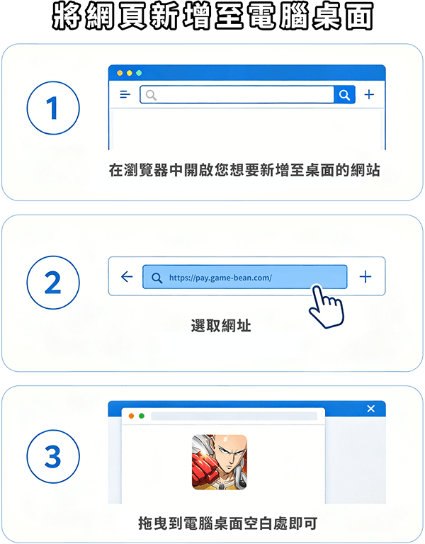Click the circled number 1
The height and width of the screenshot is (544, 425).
pyautogui.click(x=53, y=108)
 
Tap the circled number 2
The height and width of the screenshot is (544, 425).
pyautogui.click(x=53, y=283)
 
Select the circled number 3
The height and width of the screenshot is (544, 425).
pyautogui.click(x=53, y=457)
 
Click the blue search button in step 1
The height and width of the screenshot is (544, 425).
pyautogui.click(x=344, y=94)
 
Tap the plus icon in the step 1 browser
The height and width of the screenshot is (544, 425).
pyautogui.click(x=369, y=94)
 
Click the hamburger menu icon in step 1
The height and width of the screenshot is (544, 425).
pyautogui.click(x=125, y=94)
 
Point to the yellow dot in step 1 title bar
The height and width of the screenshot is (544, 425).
pyautogui.click(x=130, y=73)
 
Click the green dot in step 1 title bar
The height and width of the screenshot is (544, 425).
pyautogui.click(x=139, y=73)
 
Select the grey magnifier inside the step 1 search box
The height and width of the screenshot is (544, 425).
pyautogui.click(x=151, y=95)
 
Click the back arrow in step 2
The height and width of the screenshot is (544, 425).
pyautogui.click(x=127, y=276)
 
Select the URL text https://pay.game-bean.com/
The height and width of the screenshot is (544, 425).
pyautogui.click(x=220, y=278)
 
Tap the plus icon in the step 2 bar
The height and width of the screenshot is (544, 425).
pyautogui.click(x=365, y=276)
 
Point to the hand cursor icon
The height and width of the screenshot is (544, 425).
pyautogui.click(x=326, y=307)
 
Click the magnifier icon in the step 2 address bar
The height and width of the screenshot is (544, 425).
pyautogui.click(x=157, y=278)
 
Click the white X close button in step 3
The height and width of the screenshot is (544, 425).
pyautogui.click(x=371, y=409)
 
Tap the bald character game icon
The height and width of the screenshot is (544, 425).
pyautogui.click(x=220, y=462)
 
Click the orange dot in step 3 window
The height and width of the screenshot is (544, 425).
pyautogui.click(x=131, y=416)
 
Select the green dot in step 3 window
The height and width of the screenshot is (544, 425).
pyautogui.click(x=142, y=416)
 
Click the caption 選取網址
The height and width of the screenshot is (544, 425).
pyautogui.click(x=221, y=326)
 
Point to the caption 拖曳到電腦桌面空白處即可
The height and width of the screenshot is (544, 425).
pyautogui.click(x=227, y=523)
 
